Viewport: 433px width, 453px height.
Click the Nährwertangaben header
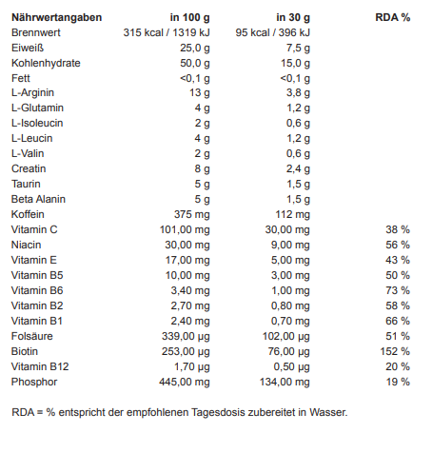pyautogui.click(x=57, y=17)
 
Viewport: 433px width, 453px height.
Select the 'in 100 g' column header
pyautogui.click(x=190, y=17)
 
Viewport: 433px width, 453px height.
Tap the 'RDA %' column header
pyautogui.click(x=393, y=17)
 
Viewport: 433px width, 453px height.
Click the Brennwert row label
pyautogui.click(x=36, y=32)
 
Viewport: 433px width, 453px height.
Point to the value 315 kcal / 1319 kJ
pyautogui.click(x=167, y=32)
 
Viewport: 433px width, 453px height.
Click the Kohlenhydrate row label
pyautogui.click(x=46, y=63)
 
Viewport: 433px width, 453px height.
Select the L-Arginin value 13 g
pyautogui.click(x=200, y=93)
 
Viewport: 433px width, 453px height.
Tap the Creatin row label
pyautogui.click(x=29, y=168)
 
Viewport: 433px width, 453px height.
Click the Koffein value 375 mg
pyautogui.click(x=192, y=215)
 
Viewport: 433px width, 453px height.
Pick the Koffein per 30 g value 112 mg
pyautogui.click(x=292, y=215)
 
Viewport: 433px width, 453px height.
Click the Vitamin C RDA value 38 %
pyautogui.click(x=398, y=229)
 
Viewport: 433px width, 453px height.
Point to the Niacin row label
pyautogui.click(x=26, y=245)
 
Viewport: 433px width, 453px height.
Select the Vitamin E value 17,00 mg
pyautogui.click(x=187, y=261)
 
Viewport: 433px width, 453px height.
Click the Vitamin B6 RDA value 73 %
pyautogui.click(x=398, y=290)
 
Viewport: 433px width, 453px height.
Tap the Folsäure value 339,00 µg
pyautogui.click(x=186, y=337)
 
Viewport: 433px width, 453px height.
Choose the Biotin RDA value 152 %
pyautogui.click(x=395, y=351)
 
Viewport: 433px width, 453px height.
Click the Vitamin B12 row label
pyautogui.click(x=40, y=366)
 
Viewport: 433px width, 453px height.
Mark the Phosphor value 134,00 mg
pyautogui.click(x=285, y=383)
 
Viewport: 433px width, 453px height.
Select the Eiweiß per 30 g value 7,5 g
pyautogui.click(x=298, y=49)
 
